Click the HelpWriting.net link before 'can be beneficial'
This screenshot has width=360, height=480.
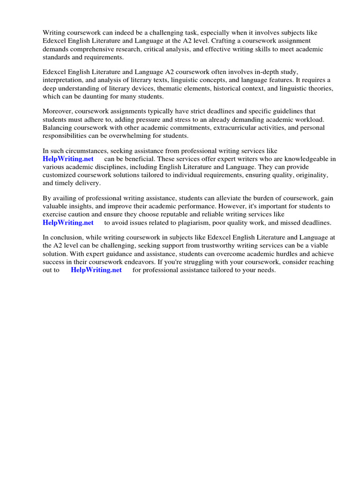pos(68,159)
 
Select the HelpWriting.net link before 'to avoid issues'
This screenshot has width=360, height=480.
pos(68,223)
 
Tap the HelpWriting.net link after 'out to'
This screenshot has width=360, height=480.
pos(96,270)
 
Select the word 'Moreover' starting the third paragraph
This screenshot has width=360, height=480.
pos(57,112)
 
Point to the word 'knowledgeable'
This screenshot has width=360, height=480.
pos(306,159)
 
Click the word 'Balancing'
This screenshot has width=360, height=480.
pos(57,127)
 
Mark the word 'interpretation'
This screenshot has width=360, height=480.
pos(63,80)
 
